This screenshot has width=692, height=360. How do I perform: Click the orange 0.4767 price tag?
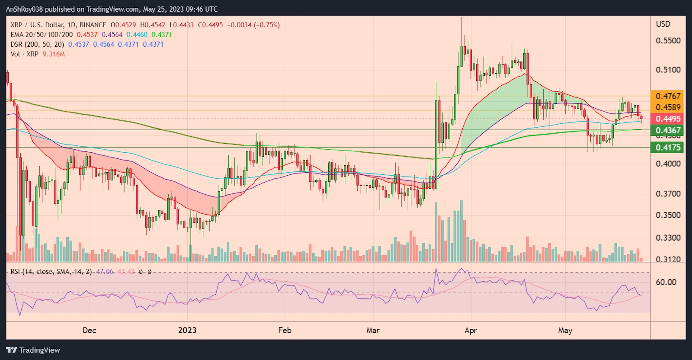667,96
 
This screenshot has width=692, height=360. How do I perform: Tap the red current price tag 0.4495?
667,119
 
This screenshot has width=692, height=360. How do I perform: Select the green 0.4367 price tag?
667,130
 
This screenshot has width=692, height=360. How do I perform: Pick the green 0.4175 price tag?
667,148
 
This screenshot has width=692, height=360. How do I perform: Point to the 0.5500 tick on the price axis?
668,41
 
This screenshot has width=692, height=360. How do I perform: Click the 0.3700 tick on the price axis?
668,194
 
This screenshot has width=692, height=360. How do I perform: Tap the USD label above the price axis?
663,24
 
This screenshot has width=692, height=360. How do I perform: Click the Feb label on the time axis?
285,331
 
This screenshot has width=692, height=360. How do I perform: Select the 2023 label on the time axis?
187,331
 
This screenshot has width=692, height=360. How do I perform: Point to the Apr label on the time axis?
471,331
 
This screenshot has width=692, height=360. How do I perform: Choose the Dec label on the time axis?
89,331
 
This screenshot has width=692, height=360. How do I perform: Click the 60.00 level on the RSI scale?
666,282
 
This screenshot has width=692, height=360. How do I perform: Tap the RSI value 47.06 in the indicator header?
104,272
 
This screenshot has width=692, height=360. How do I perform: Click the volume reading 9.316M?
54,54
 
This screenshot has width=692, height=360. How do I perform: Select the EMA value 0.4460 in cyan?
137,35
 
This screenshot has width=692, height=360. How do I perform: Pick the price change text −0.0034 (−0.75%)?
253,25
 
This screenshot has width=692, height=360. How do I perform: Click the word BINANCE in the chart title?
93,25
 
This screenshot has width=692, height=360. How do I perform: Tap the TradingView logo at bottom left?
33,350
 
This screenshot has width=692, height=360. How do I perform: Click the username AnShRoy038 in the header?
24,9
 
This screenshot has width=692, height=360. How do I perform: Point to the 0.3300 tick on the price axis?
668,238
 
